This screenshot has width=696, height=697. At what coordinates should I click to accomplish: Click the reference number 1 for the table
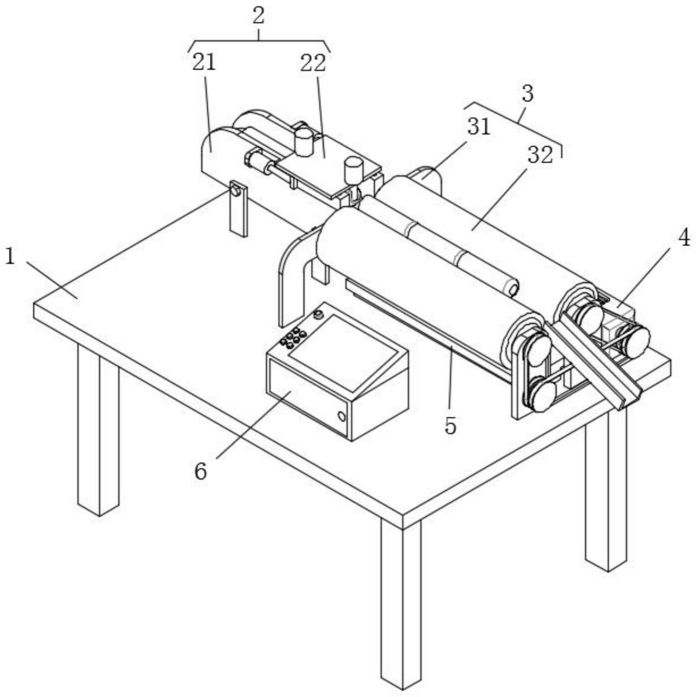pyautogui.click(x=10, y=256)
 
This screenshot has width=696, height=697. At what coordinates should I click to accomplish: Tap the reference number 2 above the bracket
pyautogui.click(x=258, y=16)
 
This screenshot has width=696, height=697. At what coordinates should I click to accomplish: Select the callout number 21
pyautogui.click(x=204, y=63)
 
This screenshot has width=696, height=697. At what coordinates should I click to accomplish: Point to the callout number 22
pyautogui.click(x=312, y=63)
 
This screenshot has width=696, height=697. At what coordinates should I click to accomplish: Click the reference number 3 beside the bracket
pyautogui.click(x=528, y=94)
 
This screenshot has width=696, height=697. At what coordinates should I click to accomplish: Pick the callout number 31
pyautogui.click(x=479, y=126)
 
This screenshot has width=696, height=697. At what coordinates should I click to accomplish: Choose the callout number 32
pyautogui.click(x=540, y=155)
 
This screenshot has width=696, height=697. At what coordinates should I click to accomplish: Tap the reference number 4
pyautogui.click(x=683, y=239)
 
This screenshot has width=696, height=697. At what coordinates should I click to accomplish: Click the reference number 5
pyautogui.click(x=450, y=426)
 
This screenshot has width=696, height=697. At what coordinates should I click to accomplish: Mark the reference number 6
pyautogui.click(x=201, y=472)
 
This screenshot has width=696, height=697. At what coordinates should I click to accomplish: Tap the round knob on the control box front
pyautogui.click(x=342, y=417)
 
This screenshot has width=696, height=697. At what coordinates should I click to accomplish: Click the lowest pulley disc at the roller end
pyautogui.click(x=540, y=396)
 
